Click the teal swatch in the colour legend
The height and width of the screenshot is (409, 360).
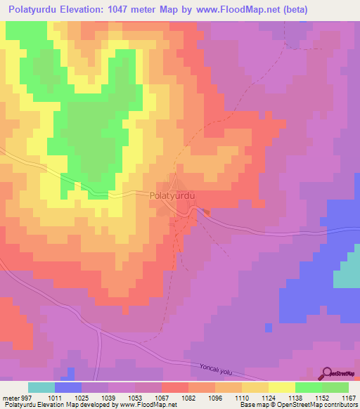(41, 387)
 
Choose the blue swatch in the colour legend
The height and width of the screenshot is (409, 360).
(68, 387)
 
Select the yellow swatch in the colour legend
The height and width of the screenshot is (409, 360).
(281, 387)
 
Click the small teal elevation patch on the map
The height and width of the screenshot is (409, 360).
(345, 275)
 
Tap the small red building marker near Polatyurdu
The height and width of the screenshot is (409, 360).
(206, 212)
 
